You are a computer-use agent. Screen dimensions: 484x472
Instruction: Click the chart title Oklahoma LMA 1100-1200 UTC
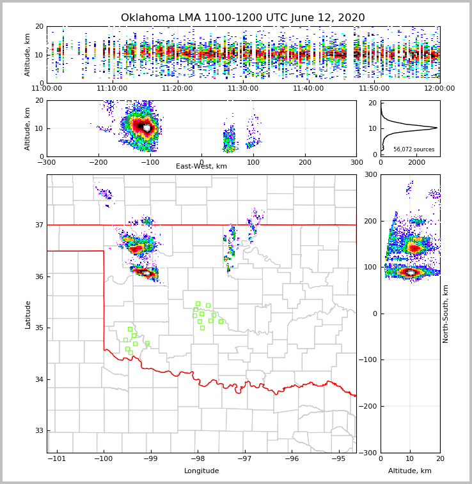243,18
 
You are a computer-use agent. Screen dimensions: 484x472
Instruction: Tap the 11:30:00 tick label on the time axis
243,89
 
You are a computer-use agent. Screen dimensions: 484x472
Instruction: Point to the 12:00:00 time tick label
439,89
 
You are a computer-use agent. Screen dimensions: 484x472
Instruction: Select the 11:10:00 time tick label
112,89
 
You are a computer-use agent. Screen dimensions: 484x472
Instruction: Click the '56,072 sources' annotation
414,149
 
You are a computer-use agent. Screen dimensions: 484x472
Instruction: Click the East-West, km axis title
201,167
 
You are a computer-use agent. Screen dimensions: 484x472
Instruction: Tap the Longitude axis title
201,471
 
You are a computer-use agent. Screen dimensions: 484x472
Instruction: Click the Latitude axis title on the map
28,314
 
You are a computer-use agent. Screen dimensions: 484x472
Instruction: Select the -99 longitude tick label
150,459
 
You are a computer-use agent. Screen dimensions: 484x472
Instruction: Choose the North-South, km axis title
446,314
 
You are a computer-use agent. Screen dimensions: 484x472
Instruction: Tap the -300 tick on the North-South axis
370,453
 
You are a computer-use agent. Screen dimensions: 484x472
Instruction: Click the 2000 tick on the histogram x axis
416,162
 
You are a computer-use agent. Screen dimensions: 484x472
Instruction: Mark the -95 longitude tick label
339,459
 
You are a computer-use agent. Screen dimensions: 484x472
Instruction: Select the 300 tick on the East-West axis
356,162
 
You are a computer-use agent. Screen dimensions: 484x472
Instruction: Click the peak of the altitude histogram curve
437,128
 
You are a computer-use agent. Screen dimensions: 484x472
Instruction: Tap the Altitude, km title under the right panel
410,471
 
